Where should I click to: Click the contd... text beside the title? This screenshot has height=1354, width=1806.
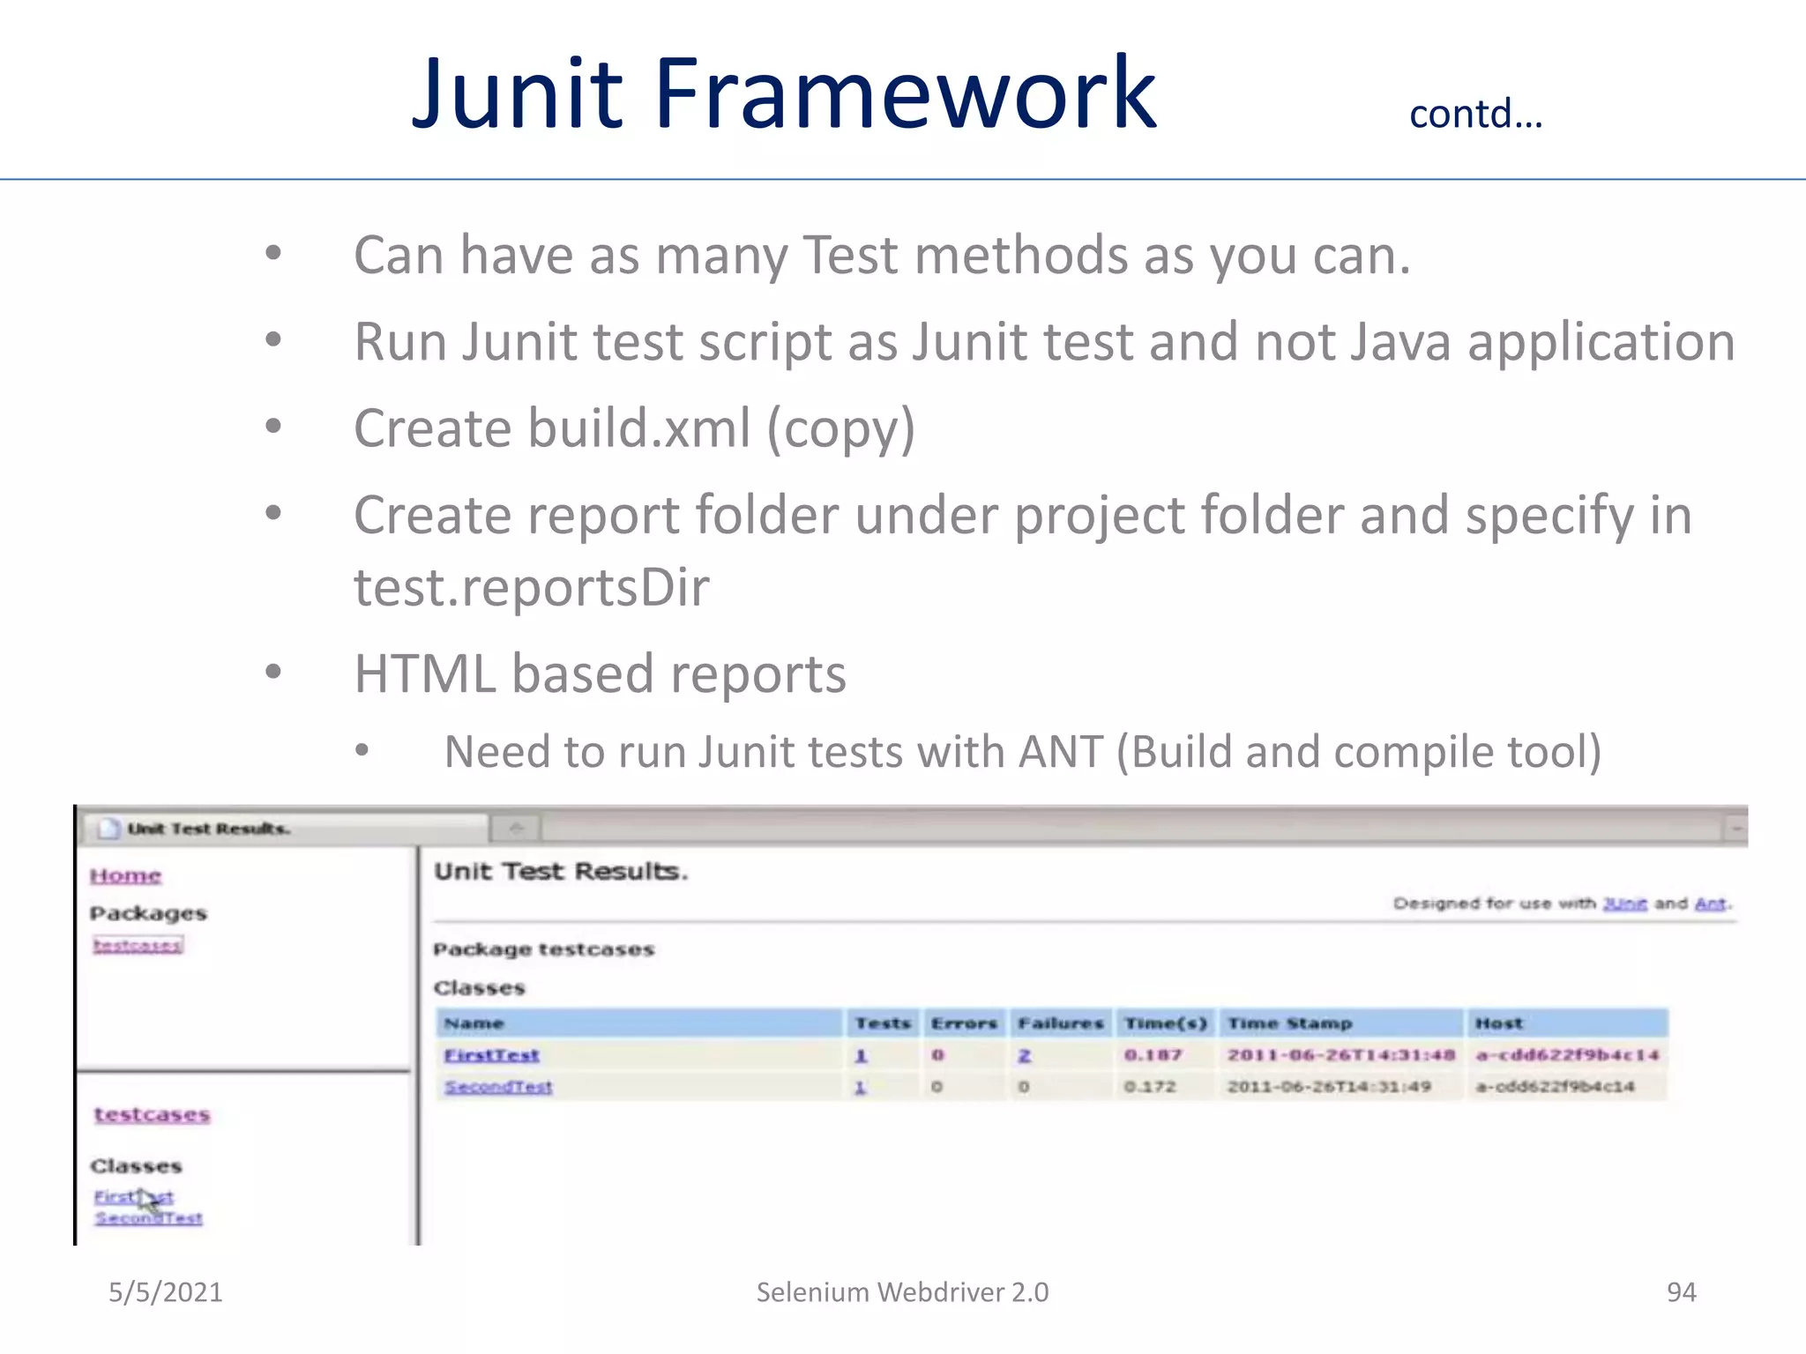point(1475,115)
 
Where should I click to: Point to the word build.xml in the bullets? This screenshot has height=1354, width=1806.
point(638,429)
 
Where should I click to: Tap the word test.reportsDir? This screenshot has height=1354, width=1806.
point(531,588)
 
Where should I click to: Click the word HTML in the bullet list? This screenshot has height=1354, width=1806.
point(424,674)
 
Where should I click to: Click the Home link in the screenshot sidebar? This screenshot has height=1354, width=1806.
point(125,875)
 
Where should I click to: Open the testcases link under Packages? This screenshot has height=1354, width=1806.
point(138,946)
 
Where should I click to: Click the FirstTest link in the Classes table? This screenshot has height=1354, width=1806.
point(491,1055)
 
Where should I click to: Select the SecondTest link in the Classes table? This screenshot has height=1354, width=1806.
point(498,1087)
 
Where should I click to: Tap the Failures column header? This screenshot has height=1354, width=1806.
point(1060,1023)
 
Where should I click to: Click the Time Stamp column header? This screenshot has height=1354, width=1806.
point(1289,1023)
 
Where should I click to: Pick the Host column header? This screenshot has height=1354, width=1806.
point(1498,1023)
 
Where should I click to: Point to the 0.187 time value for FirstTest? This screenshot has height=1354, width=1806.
point(1153,1055)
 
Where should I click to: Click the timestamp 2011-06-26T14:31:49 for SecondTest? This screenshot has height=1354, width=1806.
point(1328,1087)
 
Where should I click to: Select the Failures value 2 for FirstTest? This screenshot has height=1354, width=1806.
point(1025,1055)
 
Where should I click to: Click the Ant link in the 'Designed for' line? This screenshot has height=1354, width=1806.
point(1710,904)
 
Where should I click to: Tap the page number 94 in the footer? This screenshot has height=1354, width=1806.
point(1681,1292)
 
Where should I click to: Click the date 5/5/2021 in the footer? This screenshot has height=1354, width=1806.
point(165,1292)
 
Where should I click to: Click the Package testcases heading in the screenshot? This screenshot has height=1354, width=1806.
point(543,949)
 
